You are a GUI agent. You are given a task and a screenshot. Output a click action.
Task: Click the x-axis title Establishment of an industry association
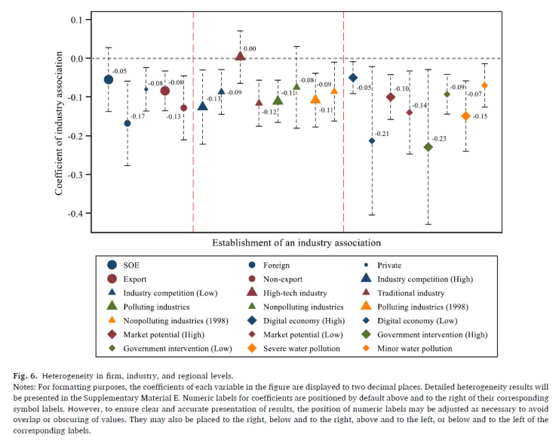[296, 243]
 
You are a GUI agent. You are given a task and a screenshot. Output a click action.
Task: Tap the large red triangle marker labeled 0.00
[240, 56]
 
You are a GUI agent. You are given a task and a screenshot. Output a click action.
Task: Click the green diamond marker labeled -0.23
[428, 147]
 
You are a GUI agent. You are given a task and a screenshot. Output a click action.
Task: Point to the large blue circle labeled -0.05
[109, 79]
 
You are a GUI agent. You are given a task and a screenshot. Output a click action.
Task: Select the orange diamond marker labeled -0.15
[465, 116]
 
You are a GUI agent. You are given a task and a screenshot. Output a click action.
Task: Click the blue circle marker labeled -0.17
[127, 123]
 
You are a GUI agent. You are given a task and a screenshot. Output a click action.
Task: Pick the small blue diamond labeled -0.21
[372, 140]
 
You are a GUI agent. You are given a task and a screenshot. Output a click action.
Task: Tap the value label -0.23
[441, 139]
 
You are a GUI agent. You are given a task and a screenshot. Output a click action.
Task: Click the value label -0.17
[139, 116]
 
